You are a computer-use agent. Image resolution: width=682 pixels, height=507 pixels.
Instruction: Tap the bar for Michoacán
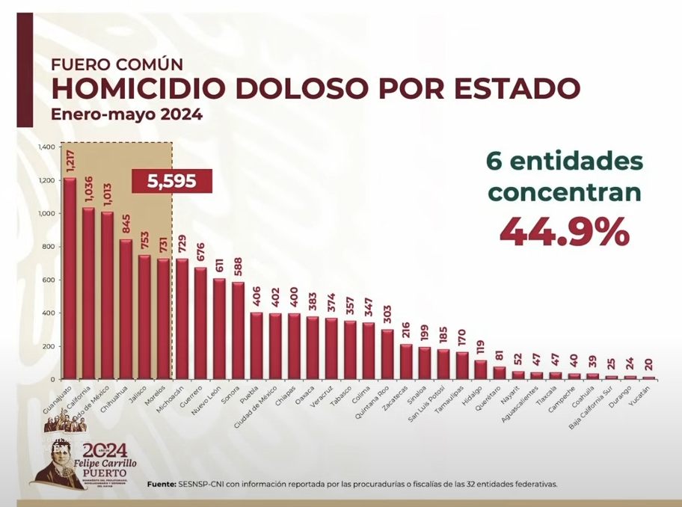[182, 319]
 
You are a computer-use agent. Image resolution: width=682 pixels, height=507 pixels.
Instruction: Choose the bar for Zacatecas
[406, 362]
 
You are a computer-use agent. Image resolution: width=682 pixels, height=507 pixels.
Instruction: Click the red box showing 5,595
[172, 182]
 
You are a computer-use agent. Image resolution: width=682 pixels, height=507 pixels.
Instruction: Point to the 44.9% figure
[564, 233]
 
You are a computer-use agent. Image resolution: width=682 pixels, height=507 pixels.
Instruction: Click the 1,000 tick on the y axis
[46, 214]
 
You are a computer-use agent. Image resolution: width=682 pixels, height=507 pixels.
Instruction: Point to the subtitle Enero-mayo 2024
[126, 115]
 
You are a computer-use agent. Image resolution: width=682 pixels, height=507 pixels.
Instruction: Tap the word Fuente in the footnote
[162, 484]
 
